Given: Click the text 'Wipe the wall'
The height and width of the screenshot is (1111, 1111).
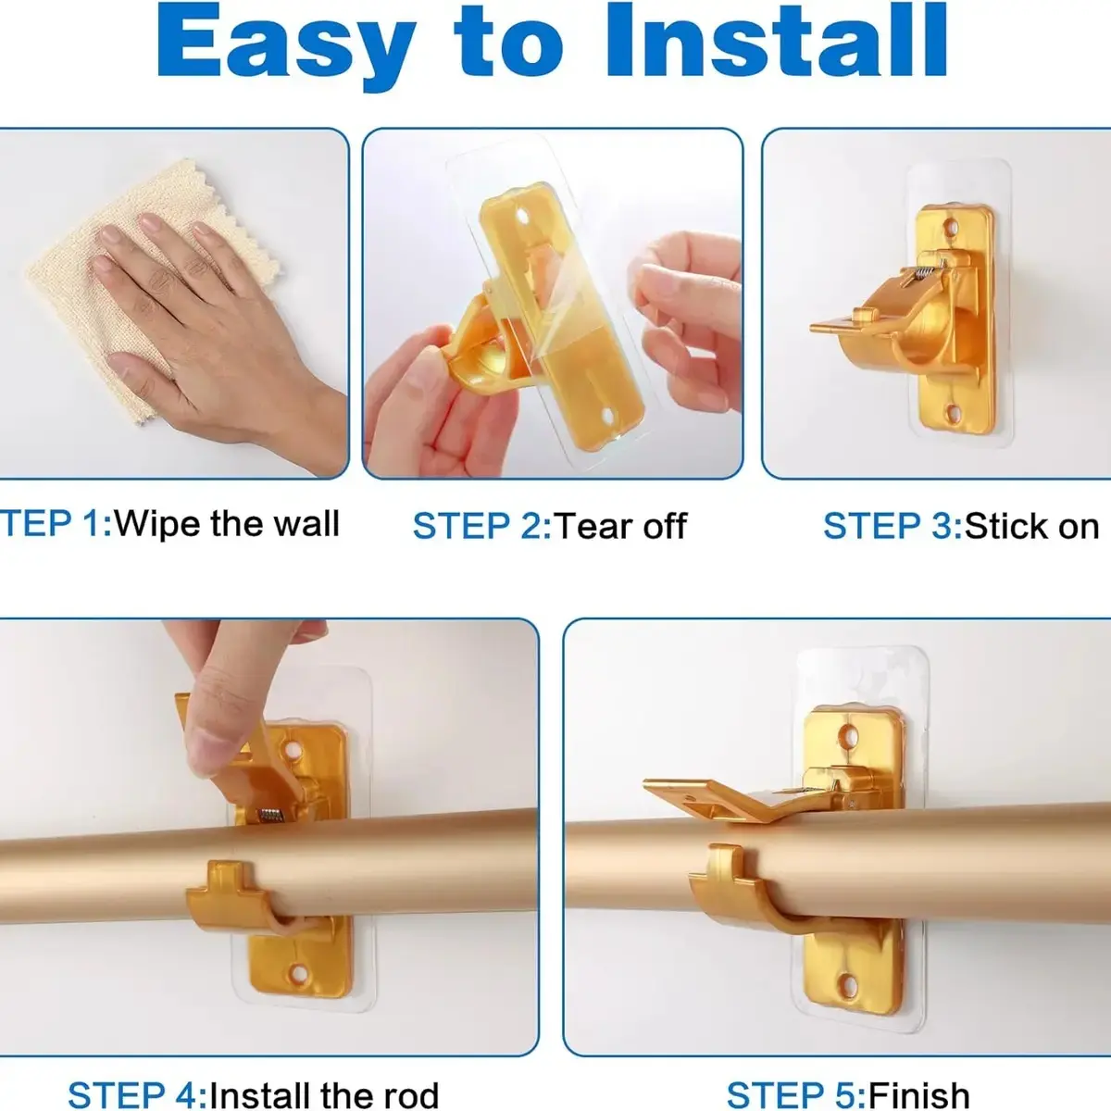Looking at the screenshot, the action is click(x=227, y=523).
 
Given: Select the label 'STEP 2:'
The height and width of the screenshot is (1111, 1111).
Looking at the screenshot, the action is click(x=482, y=526).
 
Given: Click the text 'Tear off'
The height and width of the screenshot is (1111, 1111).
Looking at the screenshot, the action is click(x=621, y=526).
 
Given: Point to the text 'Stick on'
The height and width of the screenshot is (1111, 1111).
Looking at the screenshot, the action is click(x=1031, y=526).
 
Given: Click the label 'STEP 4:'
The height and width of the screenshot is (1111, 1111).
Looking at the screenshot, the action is click(x=137, y=1093).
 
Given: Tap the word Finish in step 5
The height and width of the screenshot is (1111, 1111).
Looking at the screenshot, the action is click(x=918, y=1094).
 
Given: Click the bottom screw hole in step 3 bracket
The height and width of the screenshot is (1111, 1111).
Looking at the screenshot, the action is click(x=952, y=413).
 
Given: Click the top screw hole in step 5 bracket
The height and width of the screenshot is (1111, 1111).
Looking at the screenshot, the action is click(x=848, y=734).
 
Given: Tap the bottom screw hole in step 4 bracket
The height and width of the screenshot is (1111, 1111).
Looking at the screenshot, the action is click(x=299, y=973).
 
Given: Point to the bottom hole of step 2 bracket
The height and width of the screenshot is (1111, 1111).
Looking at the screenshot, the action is click(x=609, y=414).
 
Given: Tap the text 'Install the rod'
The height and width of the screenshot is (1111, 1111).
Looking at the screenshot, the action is click(x=324, y=1093).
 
